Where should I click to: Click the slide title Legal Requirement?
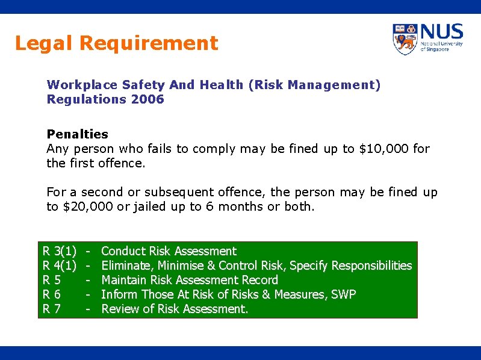tap(116, 43)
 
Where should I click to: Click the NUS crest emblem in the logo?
tap(405, 39)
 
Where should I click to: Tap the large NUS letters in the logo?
tap(442, 32)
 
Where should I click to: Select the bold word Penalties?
tap(78, 134)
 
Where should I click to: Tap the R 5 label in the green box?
tap(51, 280)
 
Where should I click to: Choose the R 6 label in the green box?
tap(51, 294)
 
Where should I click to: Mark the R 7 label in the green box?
tap(51, 309)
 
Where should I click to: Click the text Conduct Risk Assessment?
tap(169, 251)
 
